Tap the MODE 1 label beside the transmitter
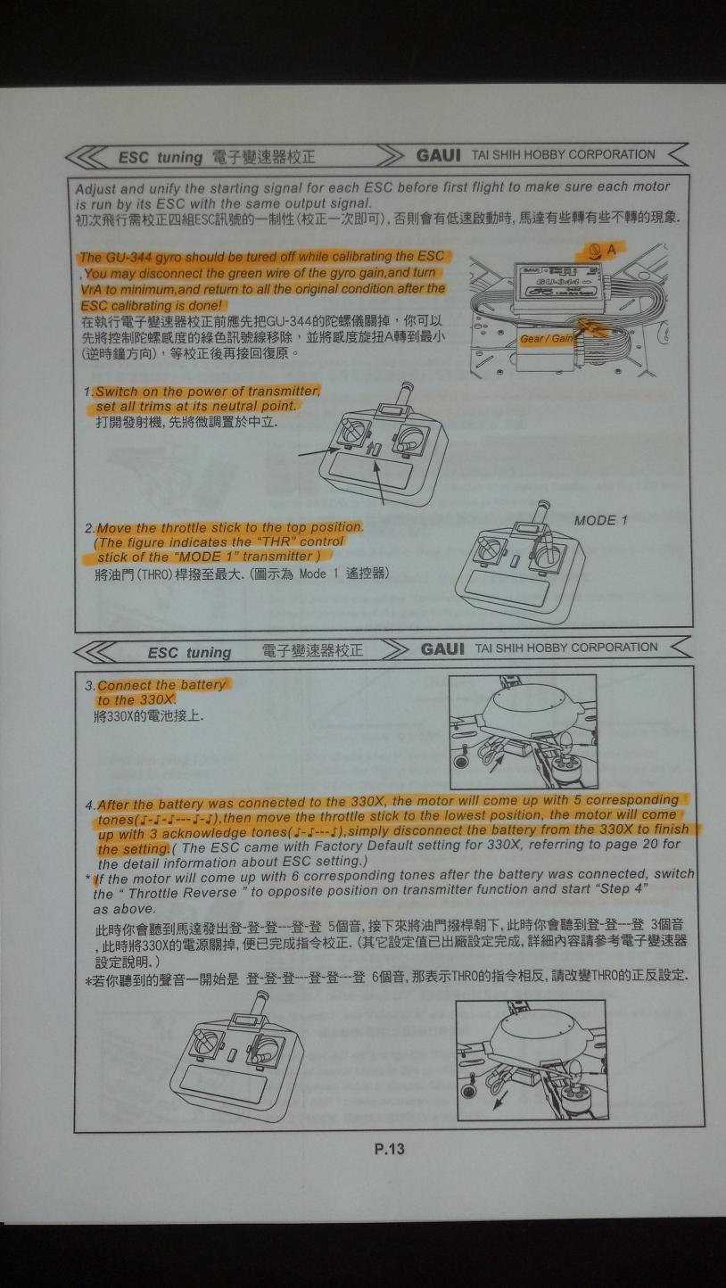pos(600,520)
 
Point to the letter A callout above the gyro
pos(611,250)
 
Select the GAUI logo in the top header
pos(439,155)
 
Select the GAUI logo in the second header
pos(442,649)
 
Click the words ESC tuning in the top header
pos(161,158)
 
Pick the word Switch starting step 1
pos(117,392)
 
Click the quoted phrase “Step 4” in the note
pos(623,889)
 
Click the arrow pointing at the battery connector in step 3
pos(497,764)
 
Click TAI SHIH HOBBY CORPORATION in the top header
pos(563,154)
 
